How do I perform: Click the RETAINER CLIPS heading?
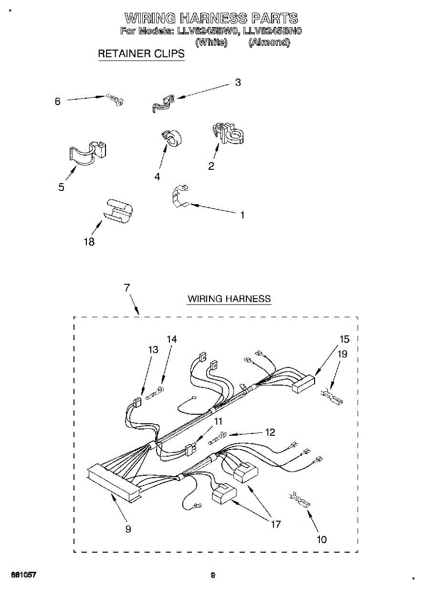tap(141, 54)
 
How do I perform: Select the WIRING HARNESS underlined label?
tap(229, 298)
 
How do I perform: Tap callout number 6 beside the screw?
tap(57, 102)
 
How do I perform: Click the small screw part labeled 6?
tap(115, 100)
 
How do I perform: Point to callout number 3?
tap(238, 82)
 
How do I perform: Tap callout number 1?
tap(242, 214)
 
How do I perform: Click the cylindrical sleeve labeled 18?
tap(119, 211)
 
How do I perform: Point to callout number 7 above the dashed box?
tap(127, 288)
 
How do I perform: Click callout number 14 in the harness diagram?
tap(171, 339)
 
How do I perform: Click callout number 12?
tap(270, 432)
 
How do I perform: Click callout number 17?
tap(276, 524)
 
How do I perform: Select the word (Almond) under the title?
tap(269, 43)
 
